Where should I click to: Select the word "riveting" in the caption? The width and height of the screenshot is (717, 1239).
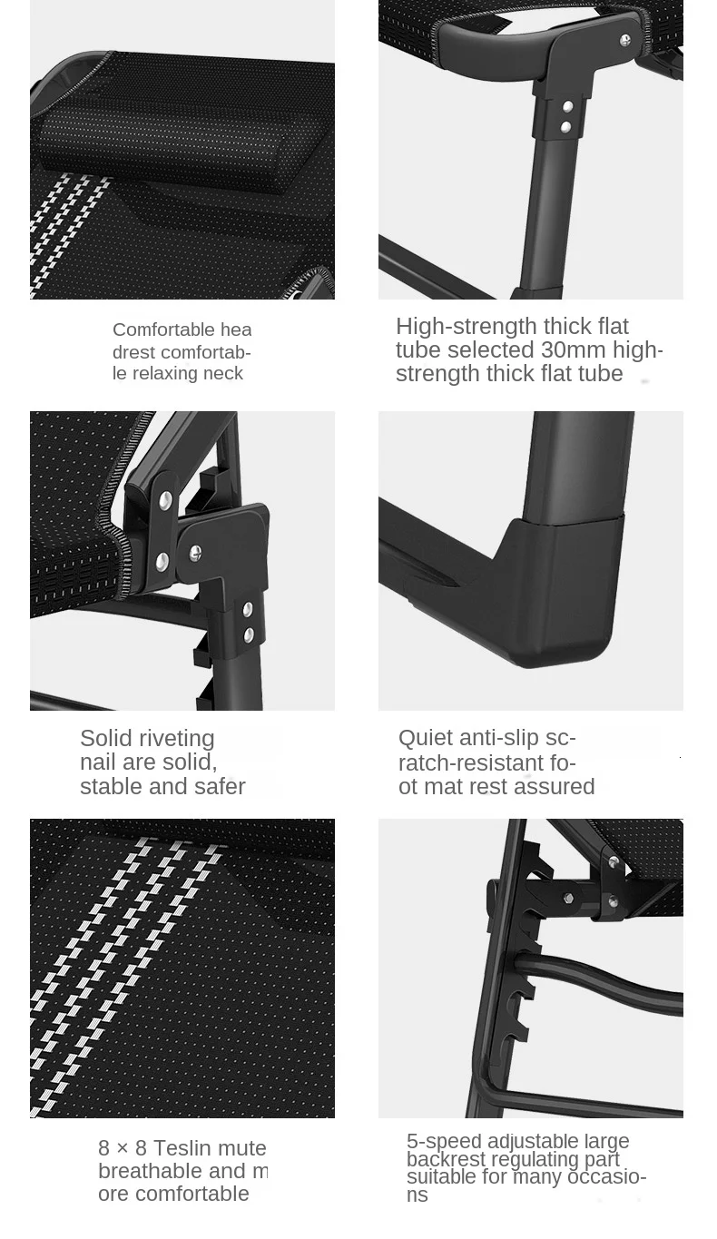click(x=181, y=739)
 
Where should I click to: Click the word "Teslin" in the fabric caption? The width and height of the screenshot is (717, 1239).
click(x=185, y=1148)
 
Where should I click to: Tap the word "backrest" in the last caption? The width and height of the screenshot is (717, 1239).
click(x=445, y=1159)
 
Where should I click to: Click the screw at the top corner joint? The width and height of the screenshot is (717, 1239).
click(x=624, y=40)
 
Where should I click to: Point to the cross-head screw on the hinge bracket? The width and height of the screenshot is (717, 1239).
click(x=195, y=553)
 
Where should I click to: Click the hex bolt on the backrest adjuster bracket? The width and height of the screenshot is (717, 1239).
click(x=568, y=897)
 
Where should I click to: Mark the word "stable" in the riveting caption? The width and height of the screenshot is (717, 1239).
click(x=110, y=787)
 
